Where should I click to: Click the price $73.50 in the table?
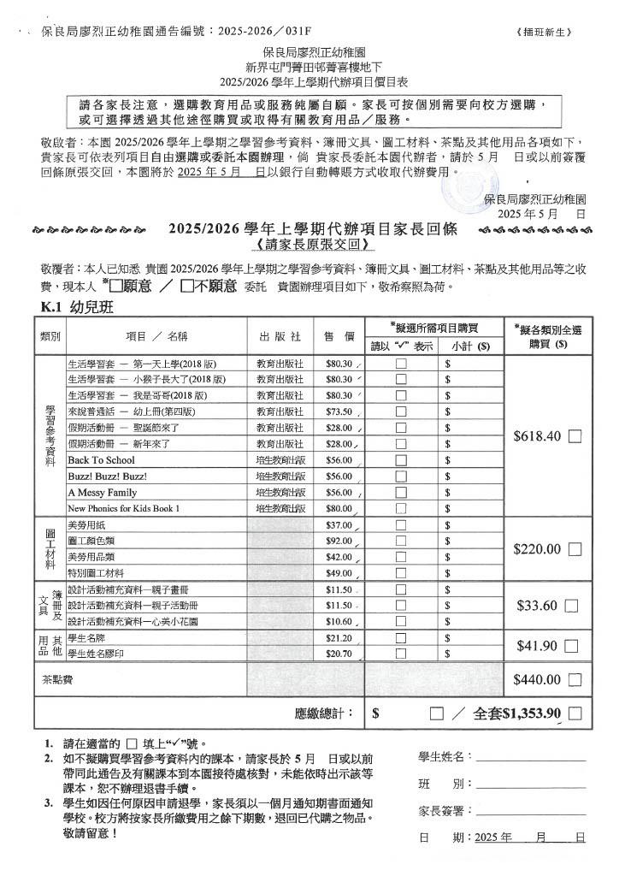tap(339, 411)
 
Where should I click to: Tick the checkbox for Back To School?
tap(401, 460)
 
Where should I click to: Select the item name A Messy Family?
tap(102, 493)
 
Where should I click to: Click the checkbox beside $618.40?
tap(575, 436)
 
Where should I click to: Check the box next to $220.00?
tap(575, 549)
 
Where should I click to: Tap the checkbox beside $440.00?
tap(575, 680)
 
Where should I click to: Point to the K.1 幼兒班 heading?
tap(78, 307)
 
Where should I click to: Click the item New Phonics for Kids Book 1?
tap(124, 509)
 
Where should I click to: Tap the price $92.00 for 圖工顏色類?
tap(339, 541)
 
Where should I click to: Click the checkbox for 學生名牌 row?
tap(401, 638)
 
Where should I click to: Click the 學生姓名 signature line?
tap(530, 758)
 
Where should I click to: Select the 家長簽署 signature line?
tap(530, 811)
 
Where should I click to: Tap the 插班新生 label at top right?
tap(544, 33)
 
